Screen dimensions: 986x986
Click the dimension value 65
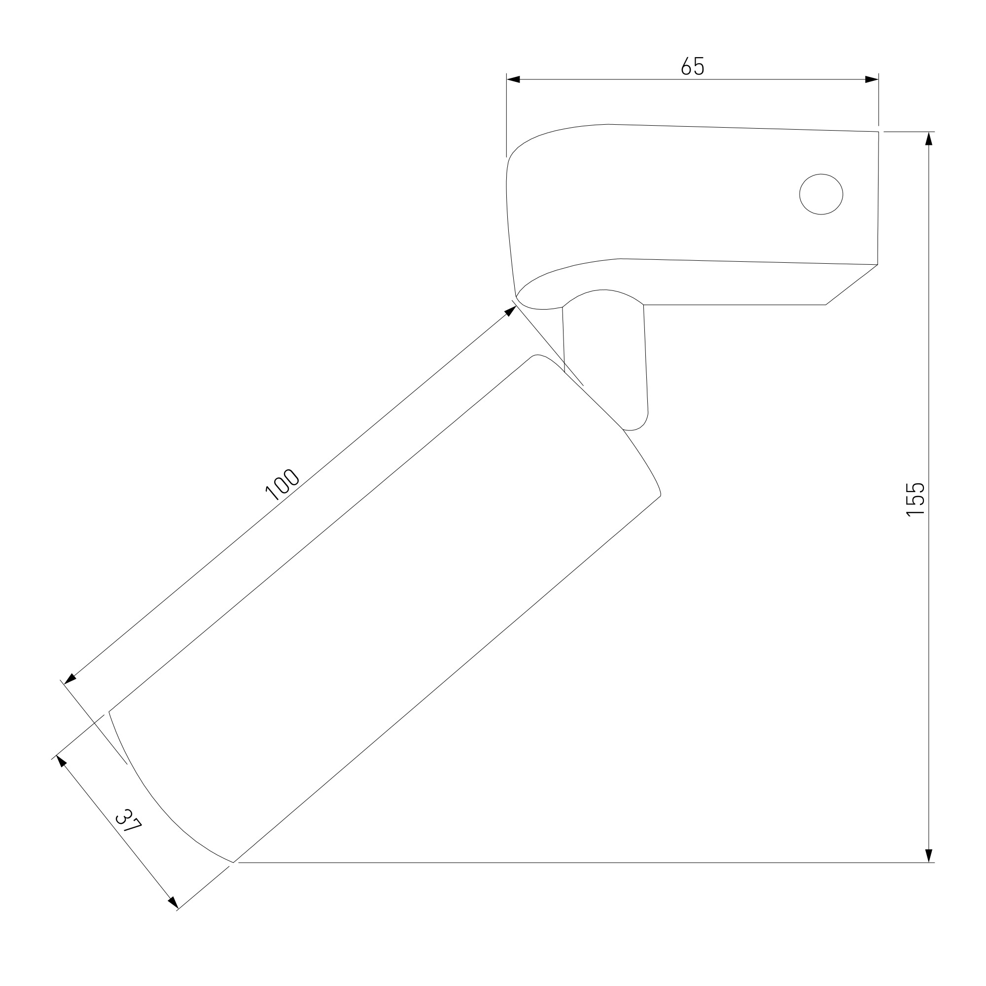693,66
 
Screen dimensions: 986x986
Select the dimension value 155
916,499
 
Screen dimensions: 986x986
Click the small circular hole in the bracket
821,194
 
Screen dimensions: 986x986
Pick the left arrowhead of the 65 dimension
513,79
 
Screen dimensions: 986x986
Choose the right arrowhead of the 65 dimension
872,79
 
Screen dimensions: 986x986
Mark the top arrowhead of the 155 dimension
929,139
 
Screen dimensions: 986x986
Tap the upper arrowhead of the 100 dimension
510,311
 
